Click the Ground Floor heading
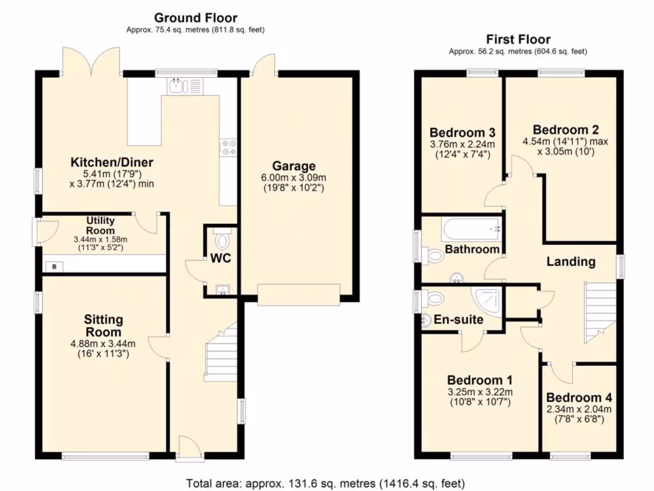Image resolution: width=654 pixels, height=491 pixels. point(195,18)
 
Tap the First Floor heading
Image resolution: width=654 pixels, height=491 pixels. point(518,39)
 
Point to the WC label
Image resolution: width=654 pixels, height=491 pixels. point(220,258)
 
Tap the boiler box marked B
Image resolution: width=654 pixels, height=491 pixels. point(54,267)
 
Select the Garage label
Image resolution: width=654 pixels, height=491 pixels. point(294,166)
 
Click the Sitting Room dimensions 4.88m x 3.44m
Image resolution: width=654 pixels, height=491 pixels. point(103,344)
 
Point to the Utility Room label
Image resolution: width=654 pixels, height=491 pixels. point(100,226)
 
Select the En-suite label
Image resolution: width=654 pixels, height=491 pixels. point(459,320)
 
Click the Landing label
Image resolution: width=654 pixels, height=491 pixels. point(570,261)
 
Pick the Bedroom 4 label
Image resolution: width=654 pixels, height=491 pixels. point(579,398)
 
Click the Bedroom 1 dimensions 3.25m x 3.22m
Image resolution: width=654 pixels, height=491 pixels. point(480,392)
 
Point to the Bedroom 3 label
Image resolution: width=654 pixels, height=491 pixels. point(462,133)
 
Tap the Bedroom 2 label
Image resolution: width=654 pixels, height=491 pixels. point(566,129)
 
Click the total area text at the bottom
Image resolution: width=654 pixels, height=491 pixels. point(325,483)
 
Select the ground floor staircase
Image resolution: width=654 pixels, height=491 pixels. point(221,352)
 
